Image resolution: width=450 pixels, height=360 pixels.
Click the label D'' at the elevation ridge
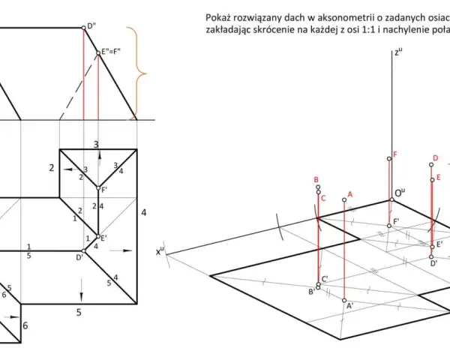click(x=91, y=25)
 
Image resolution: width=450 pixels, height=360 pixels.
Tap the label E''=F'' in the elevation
click(x=111, y=52)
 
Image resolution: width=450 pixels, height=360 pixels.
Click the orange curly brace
click(x=138, y=73)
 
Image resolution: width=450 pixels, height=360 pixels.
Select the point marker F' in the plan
click(x=98, y=188)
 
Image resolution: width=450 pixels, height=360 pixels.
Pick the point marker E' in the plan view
click(x=98, y=236)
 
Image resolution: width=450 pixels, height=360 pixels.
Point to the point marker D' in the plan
click(x=83, y=251)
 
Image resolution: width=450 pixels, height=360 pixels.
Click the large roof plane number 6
click(x=25, y=325)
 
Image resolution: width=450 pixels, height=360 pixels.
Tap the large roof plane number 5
click(x=79, y=312)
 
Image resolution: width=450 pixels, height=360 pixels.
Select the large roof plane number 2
click(x=51, y=168)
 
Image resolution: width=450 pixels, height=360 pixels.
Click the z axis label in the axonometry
click(x=398, y=52)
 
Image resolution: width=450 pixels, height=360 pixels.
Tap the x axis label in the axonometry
click(x=160, y=251)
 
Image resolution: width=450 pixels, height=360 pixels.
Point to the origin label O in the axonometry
click(x=400, y=193)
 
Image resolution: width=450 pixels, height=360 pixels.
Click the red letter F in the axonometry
click(x=395, y=154)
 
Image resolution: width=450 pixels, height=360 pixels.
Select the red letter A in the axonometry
click(x=349, y=195)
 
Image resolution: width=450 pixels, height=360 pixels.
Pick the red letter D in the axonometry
click(x=436, y=158)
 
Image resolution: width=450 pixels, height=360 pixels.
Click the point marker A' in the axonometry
click(x=344, y=300)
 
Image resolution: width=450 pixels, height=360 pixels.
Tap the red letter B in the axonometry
click(x=316, y=180)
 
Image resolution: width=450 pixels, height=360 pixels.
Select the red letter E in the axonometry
click(x=438, y=178)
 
